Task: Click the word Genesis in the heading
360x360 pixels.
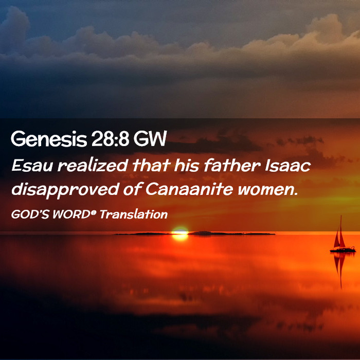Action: [x=49, y=139]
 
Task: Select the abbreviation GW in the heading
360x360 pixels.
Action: [x=150, y=139]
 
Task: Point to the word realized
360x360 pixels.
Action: [x=93, y=165]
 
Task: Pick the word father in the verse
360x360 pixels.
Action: [x=232, y=165]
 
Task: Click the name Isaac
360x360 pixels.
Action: [x=288, y=165]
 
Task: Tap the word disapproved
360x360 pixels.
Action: [x=65, y=190]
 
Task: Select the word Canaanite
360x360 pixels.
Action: [x=189, y=189]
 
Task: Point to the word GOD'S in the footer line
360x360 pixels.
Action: [x=30, y=214]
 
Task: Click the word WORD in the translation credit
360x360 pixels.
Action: [x=71, y=214]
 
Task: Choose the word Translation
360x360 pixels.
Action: [x=134, y=214]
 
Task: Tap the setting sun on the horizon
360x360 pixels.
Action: [x=180, y=233]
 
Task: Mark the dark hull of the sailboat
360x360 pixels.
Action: [x=343, y=250]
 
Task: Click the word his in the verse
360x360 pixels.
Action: [x=186, y=165]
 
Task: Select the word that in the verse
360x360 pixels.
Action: [x=151, y=165]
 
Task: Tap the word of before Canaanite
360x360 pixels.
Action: [x=132, y=190]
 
